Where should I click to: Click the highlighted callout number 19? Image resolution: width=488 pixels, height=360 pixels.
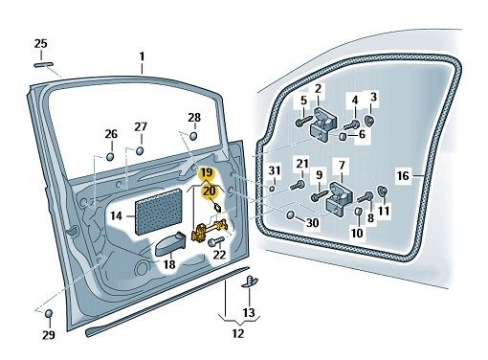click(x=207, y=173)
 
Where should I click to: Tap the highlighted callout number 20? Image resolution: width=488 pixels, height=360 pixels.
click(x=210, y=191)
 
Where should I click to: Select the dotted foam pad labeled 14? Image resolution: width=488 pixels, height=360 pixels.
click(x=159, y=212)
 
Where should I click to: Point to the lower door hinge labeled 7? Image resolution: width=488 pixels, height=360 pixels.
click(x=339, y=197)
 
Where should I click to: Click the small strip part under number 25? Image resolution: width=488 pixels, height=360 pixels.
click(x=43, y=64)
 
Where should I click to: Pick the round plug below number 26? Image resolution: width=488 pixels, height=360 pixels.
click(x=110, y=156)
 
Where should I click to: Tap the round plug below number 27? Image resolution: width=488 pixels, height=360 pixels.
click(x=140, y=150)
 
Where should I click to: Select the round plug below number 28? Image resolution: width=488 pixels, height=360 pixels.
click(x=193, y=136)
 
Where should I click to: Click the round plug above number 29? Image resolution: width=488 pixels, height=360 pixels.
click(x=49, y=313)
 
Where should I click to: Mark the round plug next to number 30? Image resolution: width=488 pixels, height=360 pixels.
click(x=291, y=214)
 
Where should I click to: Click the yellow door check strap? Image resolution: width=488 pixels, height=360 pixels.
click(x=210, y=231)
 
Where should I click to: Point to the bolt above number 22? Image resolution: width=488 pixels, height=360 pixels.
click(x=216, y=241)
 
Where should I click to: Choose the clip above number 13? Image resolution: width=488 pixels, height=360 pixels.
click(x=250, y=281)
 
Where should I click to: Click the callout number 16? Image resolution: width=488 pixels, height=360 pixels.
click(x=403, y=175)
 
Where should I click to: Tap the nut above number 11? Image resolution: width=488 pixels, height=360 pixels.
click(x=382, y=191)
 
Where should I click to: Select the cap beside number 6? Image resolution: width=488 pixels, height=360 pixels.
click(x=342, y=136)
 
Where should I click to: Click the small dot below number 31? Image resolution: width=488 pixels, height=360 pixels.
click(x=272, y=188)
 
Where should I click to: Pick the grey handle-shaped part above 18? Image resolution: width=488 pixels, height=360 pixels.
click(x=171, y=244)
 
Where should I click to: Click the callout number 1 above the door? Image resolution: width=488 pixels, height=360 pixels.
click(x=142, y=56)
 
